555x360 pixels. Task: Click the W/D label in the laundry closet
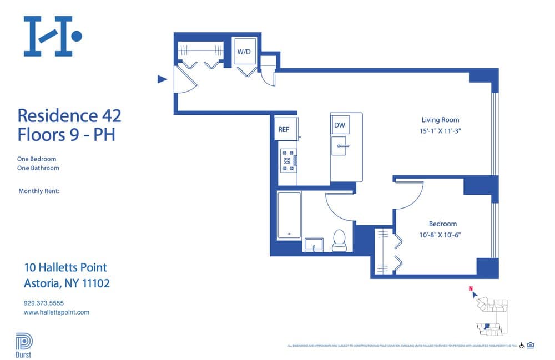pos(244,52)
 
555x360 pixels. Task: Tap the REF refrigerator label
pos(284,129)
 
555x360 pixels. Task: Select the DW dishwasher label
pos(340,125)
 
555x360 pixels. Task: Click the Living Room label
pos(440,120)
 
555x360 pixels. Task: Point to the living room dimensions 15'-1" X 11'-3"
pos(440,131)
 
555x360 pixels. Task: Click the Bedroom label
pos(442,224)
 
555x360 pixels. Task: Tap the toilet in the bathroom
pos(339,239)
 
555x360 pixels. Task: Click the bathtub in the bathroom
pos(289,215)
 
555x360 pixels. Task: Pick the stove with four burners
pos(288,160)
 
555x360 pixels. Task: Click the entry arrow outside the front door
pos(162,79)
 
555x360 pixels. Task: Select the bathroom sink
pos(314,245)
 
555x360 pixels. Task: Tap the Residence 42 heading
pos(69,116)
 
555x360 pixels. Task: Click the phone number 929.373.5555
pos(44,303)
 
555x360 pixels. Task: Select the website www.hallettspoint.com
pos(57,312)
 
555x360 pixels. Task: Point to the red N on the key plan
pos(470,288)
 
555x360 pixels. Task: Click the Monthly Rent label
pos(39,191)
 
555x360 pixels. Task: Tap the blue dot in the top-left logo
pos(77,37)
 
